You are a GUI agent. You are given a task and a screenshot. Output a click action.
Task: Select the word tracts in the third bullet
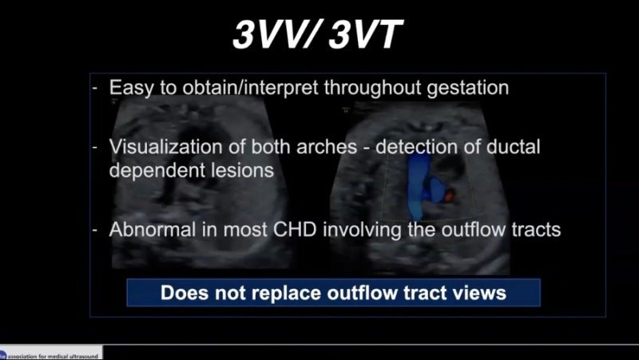[534, 229]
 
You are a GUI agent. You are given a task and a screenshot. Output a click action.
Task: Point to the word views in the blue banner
[478, 293]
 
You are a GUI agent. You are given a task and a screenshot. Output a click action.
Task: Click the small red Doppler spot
[449, 195]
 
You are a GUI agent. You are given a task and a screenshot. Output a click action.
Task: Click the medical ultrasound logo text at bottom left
[52, 354]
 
